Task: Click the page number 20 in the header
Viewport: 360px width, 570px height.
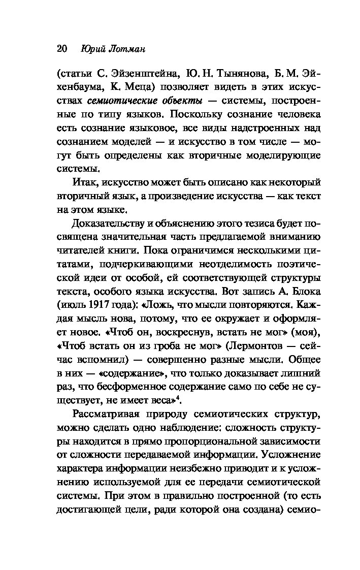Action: pyautogui.click(x=62, y=49)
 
